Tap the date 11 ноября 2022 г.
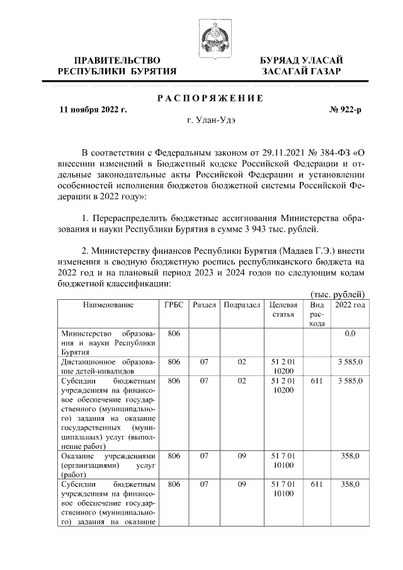93,110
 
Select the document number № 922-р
346,110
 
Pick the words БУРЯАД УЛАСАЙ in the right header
302,60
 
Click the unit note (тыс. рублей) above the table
338,294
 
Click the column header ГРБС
174,305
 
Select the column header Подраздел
242,305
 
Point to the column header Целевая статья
282,309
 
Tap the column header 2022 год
349,305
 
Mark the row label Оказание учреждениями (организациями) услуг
108,465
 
